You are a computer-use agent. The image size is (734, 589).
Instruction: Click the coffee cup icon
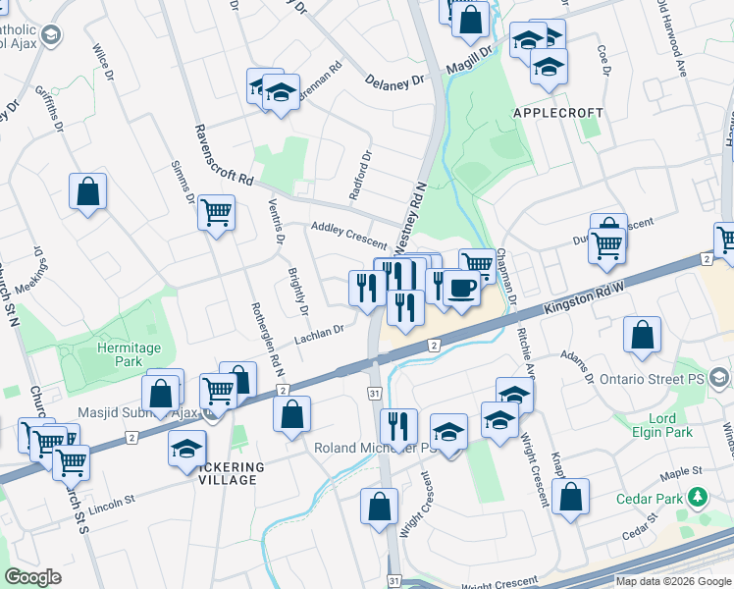tap(461, 288)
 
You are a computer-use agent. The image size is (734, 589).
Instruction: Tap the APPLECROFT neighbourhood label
tap(555, 114)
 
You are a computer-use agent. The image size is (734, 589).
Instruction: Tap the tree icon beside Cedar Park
tap(698, 498)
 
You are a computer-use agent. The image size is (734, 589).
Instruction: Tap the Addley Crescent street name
tap(348, 233)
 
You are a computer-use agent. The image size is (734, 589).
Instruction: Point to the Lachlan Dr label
tap(319, 337)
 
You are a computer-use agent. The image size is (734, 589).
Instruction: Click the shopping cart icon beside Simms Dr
tap(216, 211)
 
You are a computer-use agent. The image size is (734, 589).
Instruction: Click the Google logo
tap(33, 578)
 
